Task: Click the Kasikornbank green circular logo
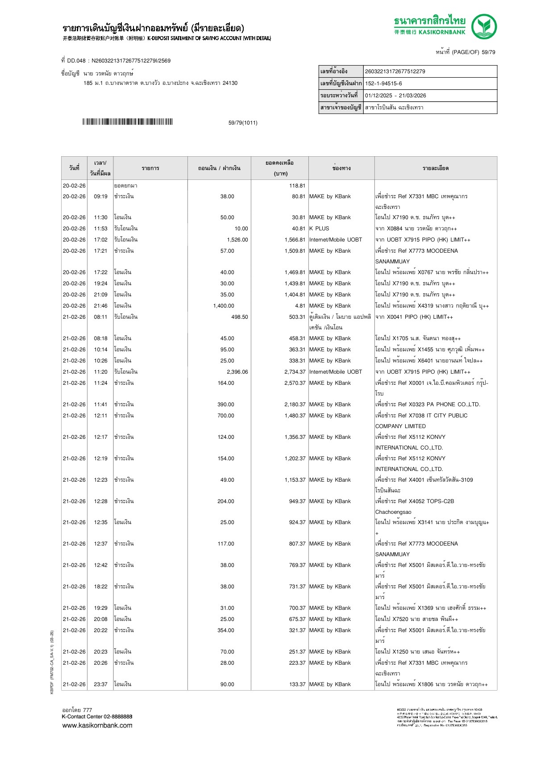tap(484, 27)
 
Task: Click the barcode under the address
tap(127, 122)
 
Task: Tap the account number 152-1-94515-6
tap(383, 83)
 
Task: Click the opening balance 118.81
tap(297, 186)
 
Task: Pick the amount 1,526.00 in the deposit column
tap(237, 240)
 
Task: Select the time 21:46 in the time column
tap(100, 306)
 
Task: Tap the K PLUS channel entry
tap(319, 229)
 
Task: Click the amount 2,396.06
tap(237, 372)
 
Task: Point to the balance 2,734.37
tap(295, 372)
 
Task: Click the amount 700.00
tap(225, 416)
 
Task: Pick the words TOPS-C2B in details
tap(440, 501)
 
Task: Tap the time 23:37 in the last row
tap(100, 684)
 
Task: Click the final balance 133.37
tap(297, 684)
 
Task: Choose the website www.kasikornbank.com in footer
tap(97, 725)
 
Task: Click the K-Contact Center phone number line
tap(97, 716)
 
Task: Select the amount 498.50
tap(239, 317)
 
